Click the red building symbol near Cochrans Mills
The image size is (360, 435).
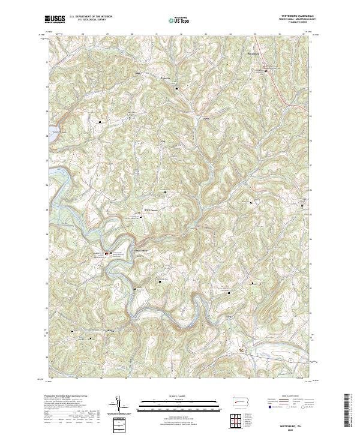[108, 254]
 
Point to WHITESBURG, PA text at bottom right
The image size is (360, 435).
[298, 422]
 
